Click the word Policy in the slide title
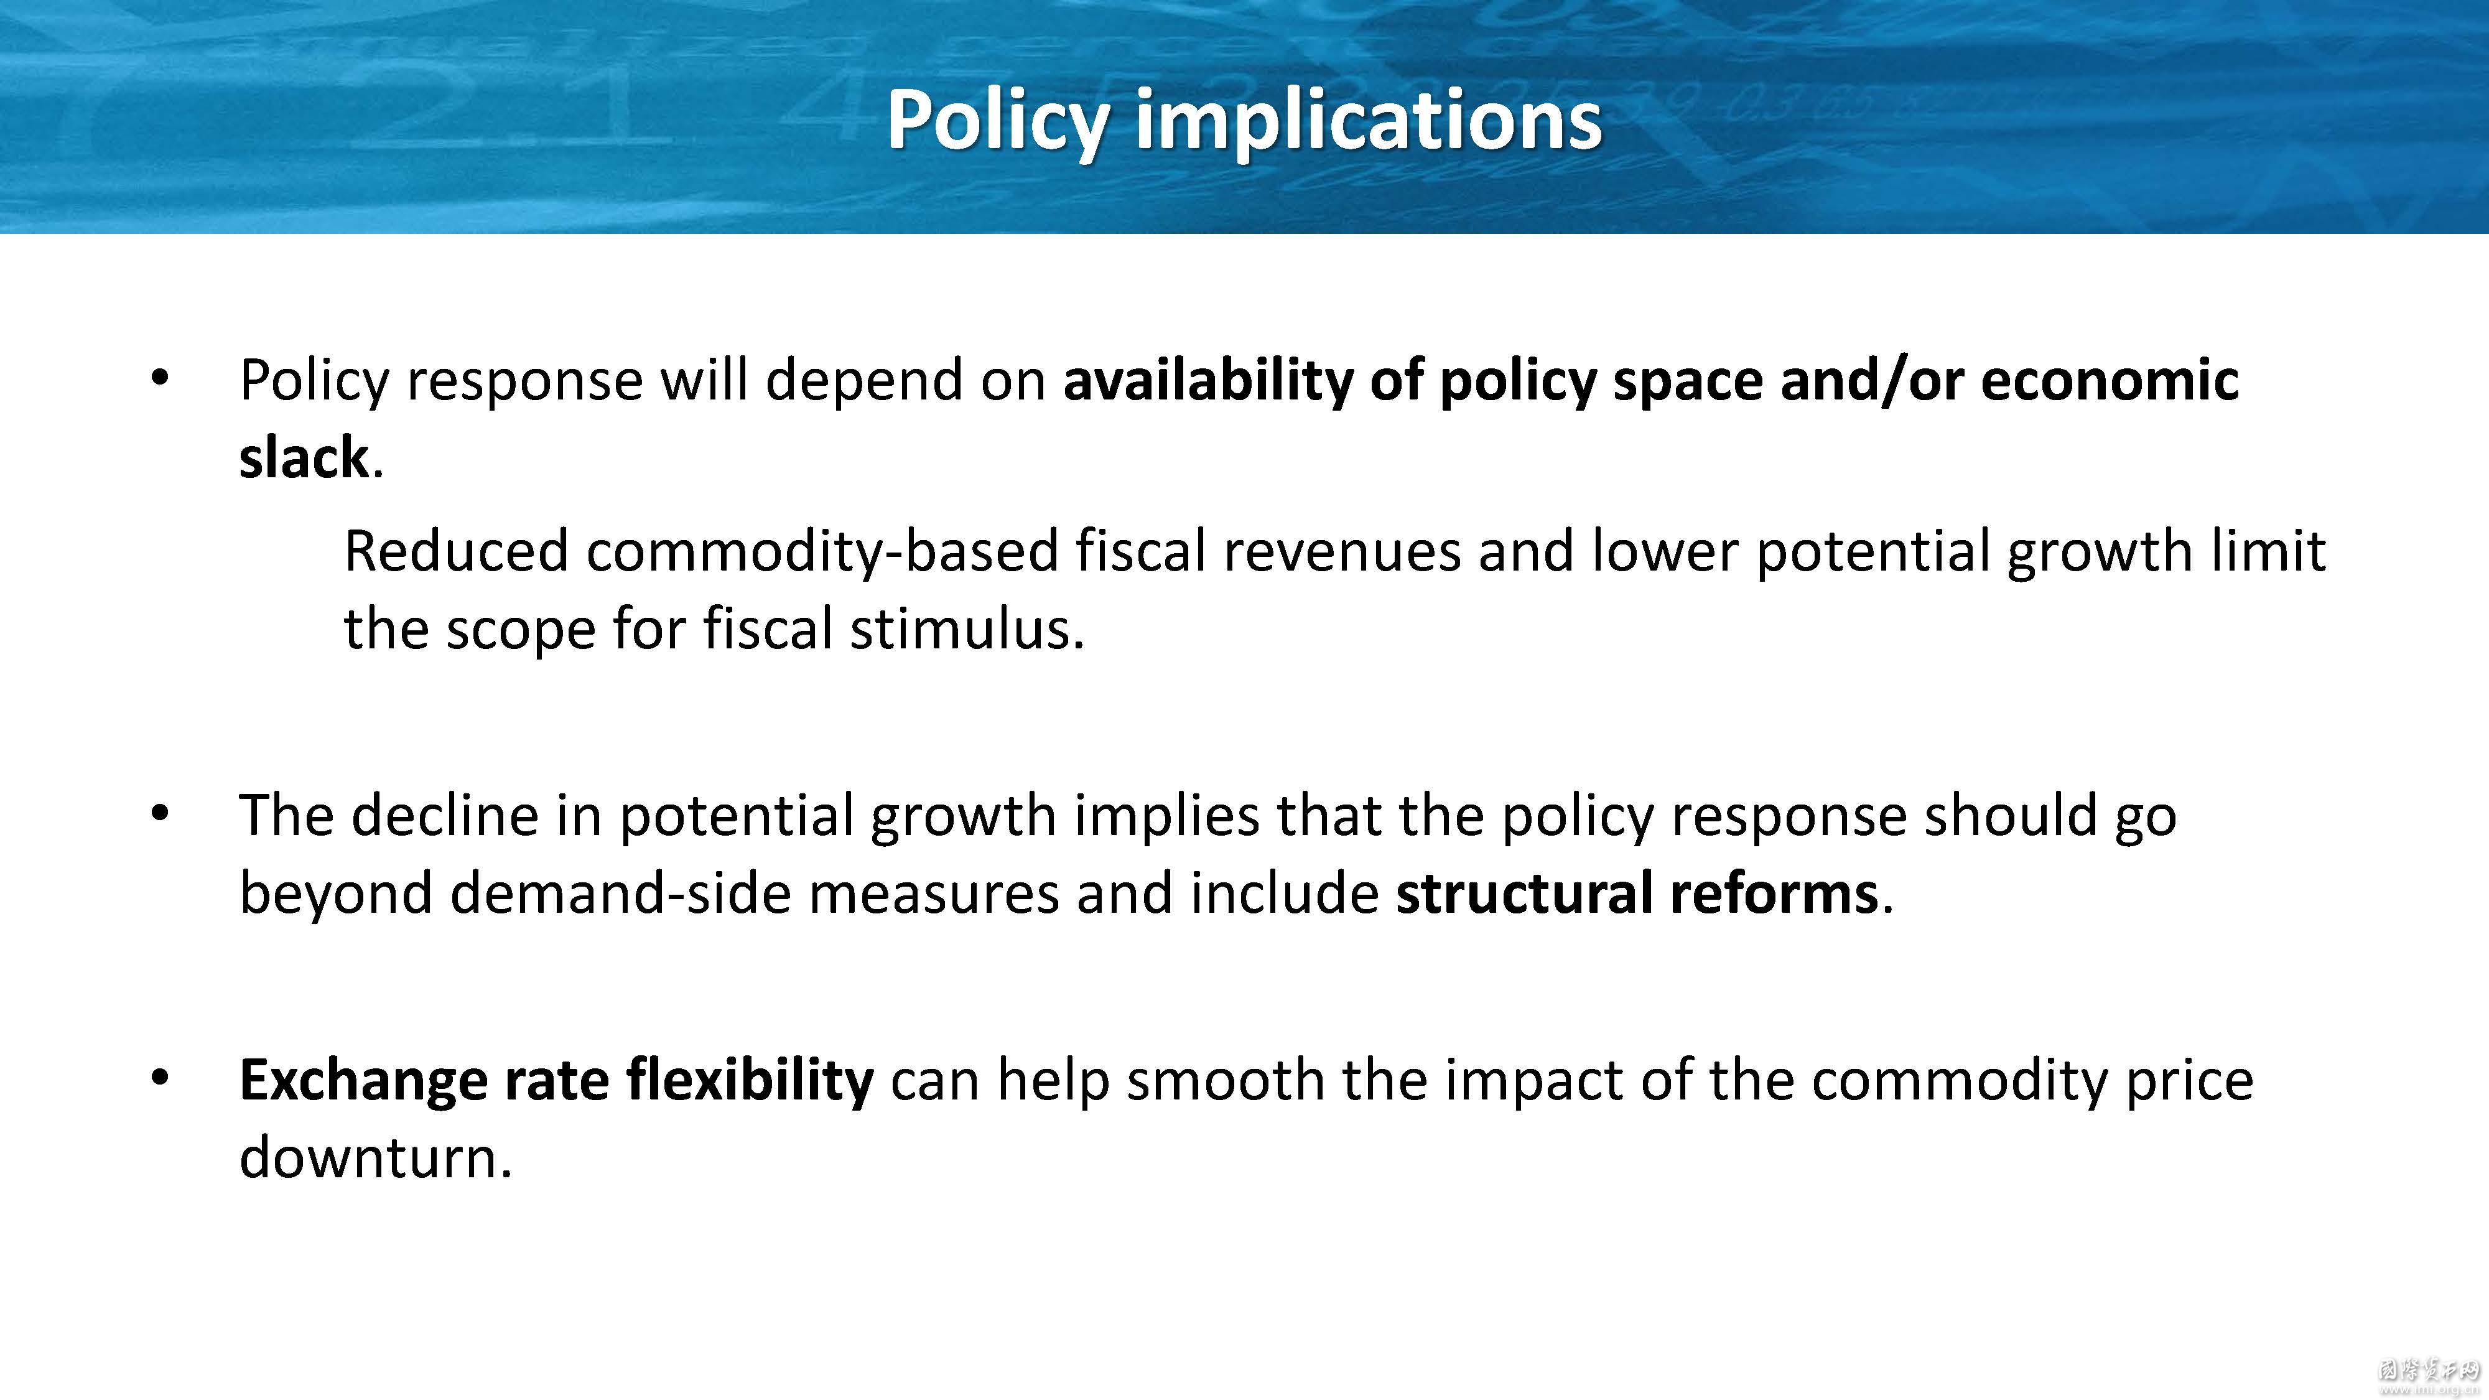point(997,122)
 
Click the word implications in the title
point(1368,122)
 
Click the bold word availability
point(1207,381)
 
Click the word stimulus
point(967,629)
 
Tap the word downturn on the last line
point(375,1157)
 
